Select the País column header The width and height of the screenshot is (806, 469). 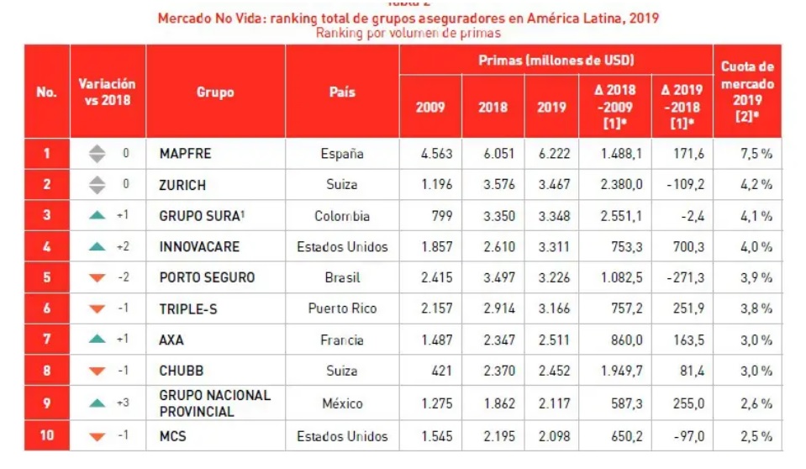point(342,92)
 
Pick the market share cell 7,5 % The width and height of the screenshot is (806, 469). point(756,154)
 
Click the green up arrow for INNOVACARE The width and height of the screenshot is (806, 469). point(97,247)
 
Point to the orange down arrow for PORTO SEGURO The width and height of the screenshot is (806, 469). point(97,278)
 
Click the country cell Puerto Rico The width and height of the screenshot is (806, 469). point(342,309)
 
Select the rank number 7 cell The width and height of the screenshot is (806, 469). point(47,340)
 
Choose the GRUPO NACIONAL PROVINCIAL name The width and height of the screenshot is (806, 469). point(214,403)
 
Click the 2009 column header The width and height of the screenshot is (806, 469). point(430,108)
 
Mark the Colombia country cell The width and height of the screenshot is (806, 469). point(342,216)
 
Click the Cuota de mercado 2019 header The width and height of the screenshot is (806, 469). point(747,92)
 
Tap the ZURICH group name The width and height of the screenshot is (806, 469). point(182,185)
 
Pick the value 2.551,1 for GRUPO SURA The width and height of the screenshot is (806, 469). point(622,216)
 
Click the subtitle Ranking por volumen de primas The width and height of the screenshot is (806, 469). point(408,34)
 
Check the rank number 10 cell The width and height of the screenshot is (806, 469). point(47,436)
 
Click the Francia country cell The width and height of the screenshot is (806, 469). point(342,340)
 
